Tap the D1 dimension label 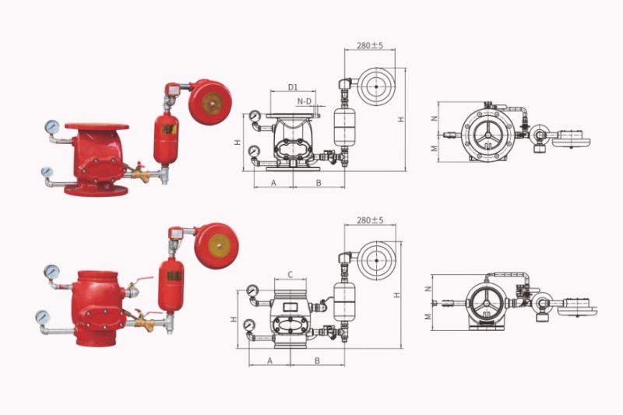(x=293, y=86)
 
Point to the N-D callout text (x=305, y=101)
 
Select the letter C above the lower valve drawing (x=290, y=274)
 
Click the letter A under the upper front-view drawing (x=273, y=182)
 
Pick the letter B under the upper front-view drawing (x=319, y=182)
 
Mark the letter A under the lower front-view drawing (x=269, y=360)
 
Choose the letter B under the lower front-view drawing (x=318, y=360)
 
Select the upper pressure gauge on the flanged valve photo (x=52, y=126)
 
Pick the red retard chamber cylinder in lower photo (x=170, y=285)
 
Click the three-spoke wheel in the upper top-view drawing (x=486, y=132)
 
